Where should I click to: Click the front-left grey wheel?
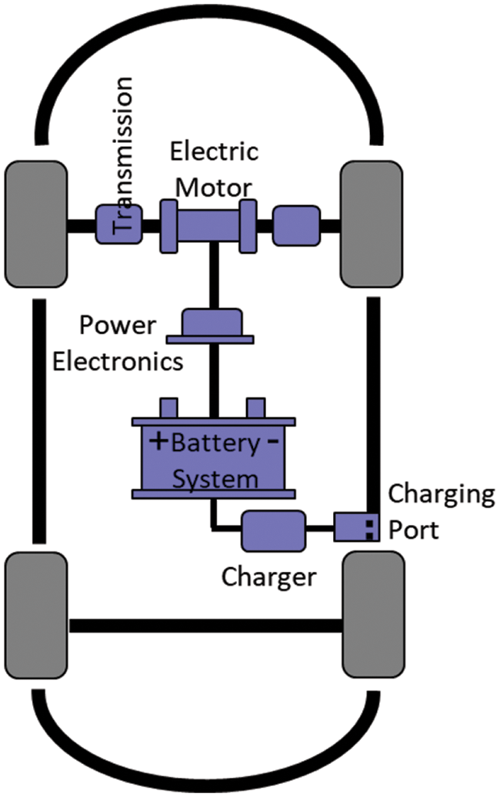[35, 223]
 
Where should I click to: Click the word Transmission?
[123, 154]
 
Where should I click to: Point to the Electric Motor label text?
[213, 169]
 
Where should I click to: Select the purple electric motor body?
[208, 225]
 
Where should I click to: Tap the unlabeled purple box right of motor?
[297, 225]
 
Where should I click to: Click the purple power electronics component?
[212, 326]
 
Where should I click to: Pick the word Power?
[117, 327]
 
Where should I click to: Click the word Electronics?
[118, 360]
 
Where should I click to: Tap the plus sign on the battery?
[158, 442]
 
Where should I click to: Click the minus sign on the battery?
[272, 442]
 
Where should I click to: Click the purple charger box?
[273, 530]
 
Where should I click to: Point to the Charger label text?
[268, 576]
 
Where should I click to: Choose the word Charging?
[441, 493]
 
